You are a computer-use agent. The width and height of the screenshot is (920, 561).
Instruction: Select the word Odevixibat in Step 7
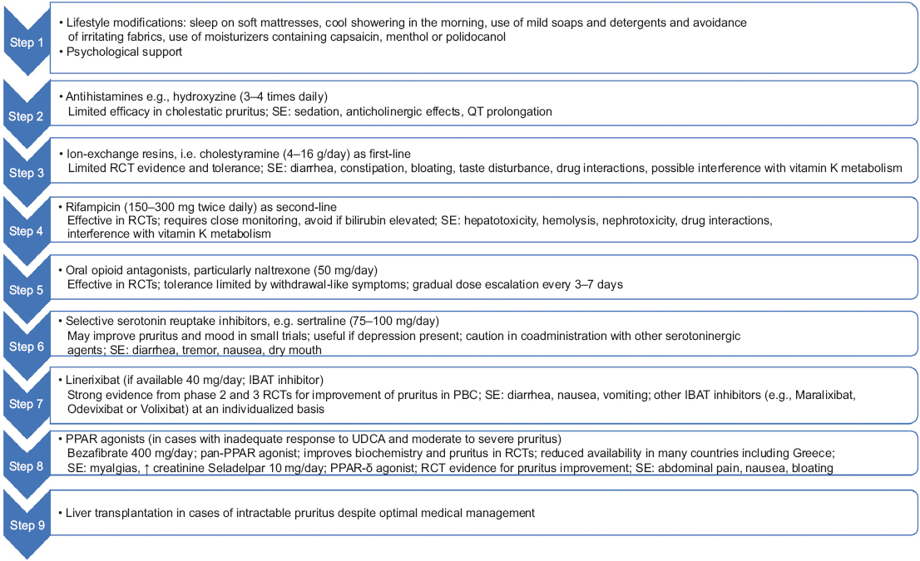pos(96,408)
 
